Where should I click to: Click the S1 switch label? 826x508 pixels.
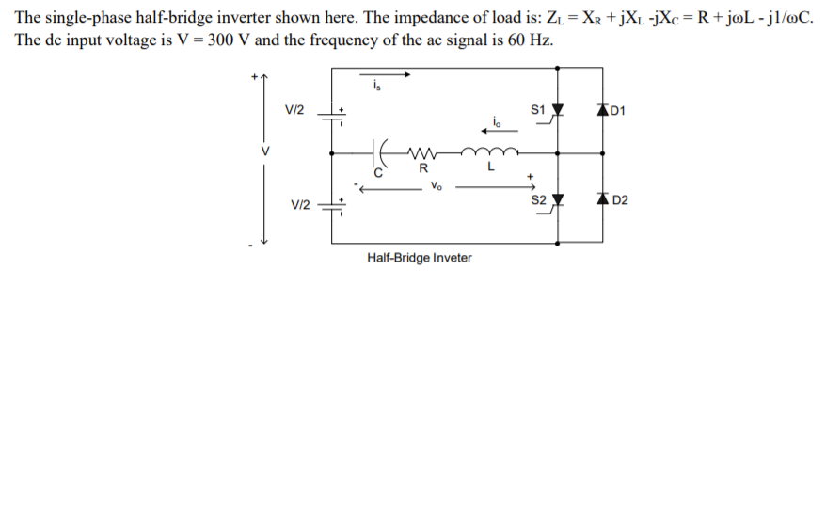(x=538, y=110)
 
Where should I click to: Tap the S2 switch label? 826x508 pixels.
(x=538, y=199)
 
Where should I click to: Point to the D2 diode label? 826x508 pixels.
(x=619, y=201)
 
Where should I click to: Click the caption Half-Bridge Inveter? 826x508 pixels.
(x=420, y=258)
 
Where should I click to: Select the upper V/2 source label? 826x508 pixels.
(x=294, y=110)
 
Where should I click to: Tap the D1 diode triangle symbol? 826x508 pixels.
(x=599, y=110)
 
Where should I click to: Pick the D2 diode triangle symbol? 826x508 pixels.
(x=599, y=199)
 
